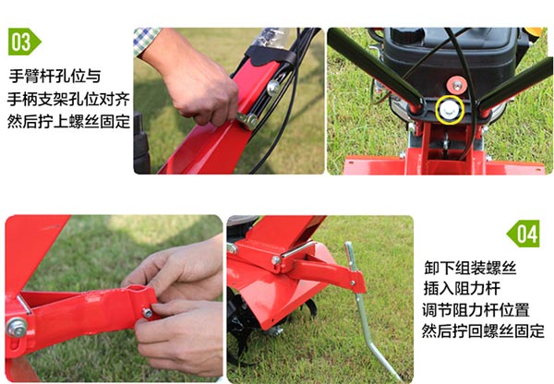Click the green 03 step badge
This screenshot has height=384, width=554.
click(x=24, y=42)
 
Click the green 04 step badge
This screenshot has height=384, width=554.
click(x=524, y=234)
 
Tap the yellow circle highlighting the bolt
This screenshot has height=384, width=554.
click(x=450, y=110)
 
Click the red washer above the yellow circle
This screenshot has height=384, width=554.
click(x=457, y=85)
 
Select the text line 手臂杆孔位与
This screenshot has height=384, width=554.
click(x=54, y=76)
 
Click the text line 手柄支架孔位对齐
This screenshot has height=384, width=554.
click(x=68, y=99)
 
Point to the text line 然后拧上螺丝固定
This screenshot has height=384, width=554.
click(x=68, y=121)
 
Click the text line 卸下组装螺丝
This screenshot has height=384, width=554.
click(x=470, y=268)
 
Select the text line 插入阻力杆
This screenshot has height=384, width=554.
click(x=462, y=288)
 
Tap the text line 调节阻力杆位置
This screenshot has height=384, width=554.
click(x=476, y=310)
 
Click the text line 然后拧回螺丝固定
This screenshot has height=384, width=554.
click(x=483, y=331)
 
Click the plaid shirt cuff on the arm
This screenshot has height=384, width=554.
click(x=146, y=40)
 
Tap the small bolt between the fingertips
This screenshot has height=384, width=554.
click(x=147, y=313)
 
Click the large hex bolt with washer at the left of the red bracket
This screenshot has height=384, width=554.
click(x=17, y=328)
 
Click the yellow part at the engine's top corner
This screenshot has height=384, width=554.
click(x=535, y=31)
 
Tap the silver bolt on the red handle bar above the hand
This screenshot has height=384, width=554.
click(x=273, y=88)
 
